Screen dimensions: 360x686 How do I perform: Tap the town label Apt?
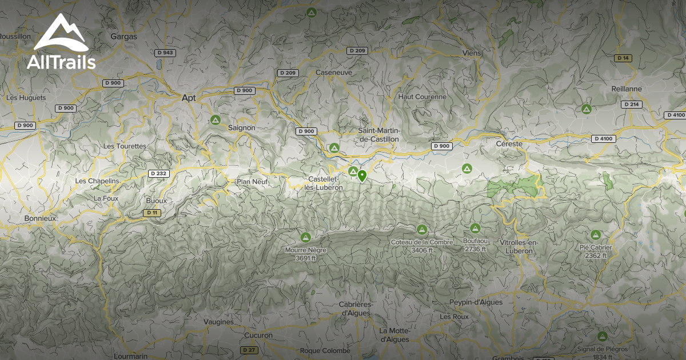coord(188,98)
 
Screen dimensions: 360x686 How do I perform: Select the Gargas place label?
coord(124,36)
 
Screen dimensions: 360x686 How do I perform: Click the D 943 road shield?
coord(165,53)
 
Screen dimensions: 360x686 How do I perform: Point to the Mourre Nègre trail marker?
coord(305,237)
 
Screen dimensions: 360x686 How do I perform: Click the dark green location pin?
coord(362,175)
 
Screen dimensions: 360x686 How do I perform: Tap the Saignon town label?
coord(241,127)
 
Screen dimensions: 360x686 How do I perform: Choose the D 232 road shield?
coord(158,173)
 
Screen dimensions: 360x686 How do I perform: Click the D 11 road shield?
coord(151,213)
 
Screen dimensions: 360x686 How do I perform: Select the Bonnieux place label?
coord(40,218)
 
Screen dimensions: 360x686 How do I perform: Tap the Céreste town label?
coord(510,144)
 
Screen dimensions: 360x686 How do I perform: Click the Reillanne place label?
coord(627,89)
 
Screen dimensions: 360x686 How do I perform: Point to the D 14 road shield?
coord(623,58)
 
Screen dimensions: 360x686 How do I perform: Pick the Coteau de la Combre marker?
coord(422,230)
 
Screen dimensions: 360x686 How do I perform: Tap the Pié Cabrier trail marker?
coord(596,235)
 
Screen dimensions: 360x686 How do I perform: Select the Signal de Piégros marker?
coord(602,337)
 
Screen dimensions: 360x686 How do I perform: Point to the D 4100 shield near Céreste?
coord(603,138)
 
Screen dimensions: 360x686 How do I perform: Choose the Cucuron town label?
coord(258,335)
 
